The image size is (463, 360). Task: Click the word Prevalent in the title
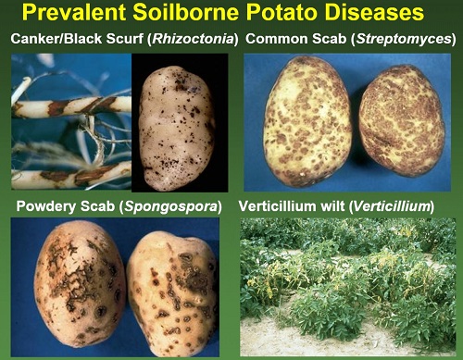74,12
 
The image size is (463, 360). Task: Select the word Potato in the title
282,12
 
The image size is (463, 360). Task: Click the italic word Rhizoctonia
194,39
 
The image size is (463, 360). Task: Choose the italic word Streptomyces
404,39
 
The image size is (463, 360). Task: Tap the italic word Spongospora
170,206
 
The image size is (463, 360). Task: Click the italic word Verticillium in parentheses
392,206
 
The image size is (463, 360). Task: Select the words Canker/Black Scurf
77,39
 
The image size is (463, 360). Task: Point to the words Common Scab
296,39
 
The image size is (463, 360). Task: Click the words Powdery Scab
65,206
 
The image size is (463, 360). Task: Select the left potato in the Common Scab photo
307,122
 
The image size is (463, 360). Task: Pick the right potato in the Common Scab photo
402,121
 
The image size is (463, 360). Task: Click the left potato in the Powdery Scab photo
80,284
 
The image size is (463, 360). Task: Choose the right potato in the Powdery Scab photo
173,294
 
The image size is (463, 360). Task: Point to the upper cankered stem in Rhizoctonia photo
71,106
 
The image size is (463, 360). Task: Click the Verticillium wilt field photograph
348,287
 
